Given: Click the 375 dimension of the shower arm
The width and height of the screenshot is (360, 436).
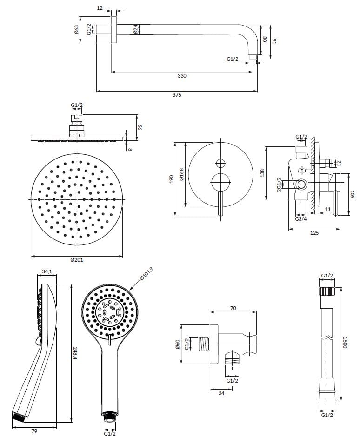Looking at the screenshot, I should click(x=176, y=95).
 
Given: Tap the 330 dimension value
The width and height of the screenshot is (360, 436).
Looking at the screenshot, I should click(x=182, y=76).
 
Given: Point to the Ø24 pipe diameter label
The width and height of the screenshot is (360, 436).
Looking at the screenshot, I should click(x=135, y=29).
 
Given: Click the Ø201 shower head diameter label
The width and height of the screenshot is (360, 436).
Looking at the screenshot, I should click(x=77, y=260).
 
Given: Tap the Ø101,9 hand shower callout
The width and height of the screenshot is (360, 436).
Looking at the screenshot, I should click(x=147, y=276).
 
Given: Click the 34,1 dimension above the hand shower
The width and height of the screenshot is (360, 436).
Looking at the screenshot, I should click(x=47, y=271).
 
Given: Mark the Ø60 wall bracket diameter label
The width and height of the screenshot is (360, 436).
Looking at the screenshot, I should click(x=177, y=344).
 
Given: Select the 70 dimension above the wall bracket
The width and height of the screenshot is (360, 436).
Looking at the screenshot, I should click(x=233, y=308).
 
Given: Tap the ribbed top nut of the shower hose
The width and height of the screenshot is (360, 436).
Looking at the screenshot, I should click(x=327, y=292).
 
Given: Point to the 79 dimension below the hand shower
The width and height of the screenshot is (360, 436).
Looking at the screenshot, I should click(x=34, y=431).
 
